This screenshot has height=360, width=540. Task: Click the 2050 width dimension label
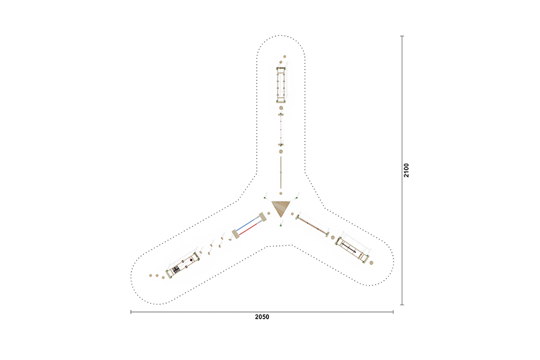[262, 317]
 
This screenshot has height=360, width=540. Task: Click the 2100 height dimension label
[406, 170]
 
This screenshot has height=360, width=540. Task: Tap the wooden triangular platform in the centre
[280, 208]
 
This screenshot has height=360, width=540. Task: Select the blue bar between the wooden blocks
[247, 224]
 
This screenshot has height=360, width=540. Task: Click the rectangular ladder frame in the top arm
[281, 85]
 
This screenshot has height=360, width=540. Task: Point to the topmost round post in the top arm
[285, 56]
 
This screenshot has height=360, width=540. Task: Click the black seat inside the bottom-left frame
[176, 269]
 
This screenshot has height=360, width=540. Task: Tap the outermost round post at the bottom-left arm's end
[151, 275]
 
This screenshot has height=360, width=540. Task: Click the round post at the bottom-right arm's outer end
[371, 263]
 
